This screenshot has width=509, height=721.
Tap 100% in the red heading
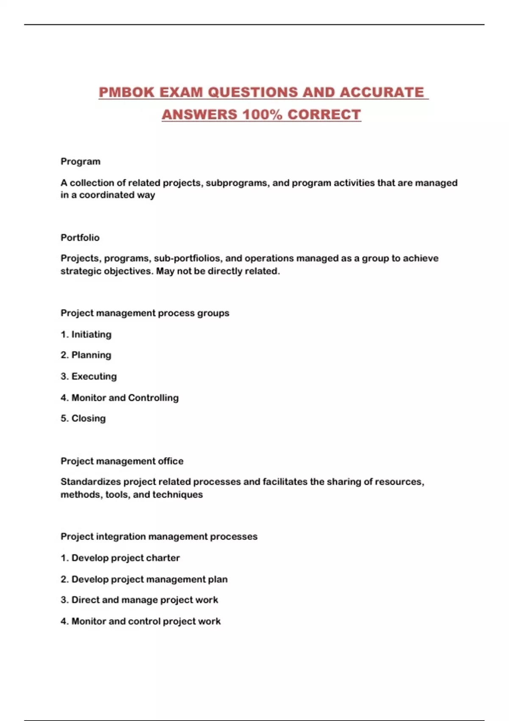point(262,115)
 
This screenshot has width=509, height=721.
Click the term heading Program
point(81,162)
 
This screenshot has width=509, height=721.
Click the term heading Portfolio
point(80,238)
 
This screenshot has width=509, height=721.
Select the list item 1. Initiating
point(86,334)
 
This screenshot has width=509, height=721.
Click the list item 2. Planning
point(86,355)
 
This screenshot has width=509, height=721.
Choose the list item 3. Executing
point(89,376)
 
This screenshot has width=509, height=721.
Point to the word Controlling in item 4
point(153,398)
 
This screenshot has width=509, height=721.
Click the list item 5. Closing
point(83,418)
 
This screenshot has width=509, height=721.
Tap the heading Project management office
point(122,461)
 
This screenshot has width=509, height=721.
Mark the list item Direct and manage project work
point(140,600)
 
